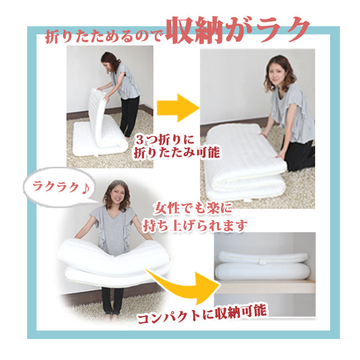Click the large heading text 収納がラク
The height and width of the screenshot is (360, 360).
[x=238, y=30]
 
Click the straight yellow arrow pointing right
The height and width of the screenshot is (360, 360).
[x=178, y=107]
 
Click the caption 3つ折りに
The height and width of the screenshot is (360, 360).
[x=164, y=139]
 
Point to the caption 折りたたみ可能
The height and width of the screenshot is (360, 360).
[x=177, y=152]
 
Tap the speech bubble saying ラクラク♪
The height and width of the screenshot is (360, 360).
[x=60, y=187]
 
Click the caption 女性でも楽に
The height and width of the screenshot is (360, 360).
[x=192, y=208]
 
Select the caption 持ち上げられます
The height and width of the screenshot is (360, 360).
[x=195, y=225]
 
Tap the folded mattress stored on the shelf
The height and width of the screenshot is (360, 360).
[x=263, y=265]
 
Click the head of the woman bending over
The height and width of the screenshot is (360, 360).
[x=110, y=61]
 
